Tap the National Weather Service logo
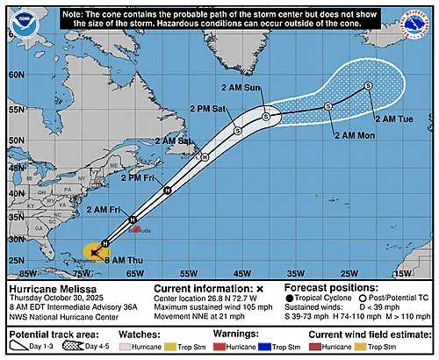pyautogui.click(x=421, y=18)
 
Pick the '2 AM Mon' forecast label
pyautogui.click(x=354, y=135)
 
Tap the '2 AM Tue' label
pyautogui.click(x=392, y=119)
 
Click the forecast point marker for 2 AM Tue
pyautogui.click(x=368, y=85)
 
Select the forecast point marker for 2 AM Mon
pyautogui.click(x=327, y=106)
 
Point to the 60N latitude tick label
pyautogui.click(x=15, y=76)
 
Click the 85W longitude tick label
pyautogui.click(x=15, y=274)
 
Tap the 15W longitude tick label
pyautogui.click(x=402, y=274)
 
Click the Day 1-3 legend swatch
pyautogui.click(x=19, y=347)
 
